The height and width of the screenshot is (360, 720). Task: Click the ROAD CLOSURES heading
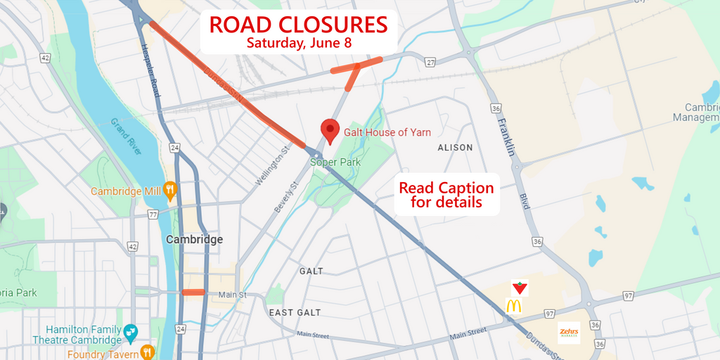pyautogui.click(x=298, y=25)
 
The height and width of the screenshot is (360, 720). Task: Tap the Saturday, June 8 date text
pyautogui.click(x=298, y=42)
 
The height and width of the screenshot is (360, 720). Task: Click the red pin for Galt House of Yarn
pyautogui.click(x=330, y=131)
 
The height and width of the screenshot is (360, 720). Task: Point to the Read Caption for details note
pyautogui.click(x=446, y=195)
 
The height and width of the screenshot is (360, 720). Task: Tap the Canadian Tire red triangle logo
pyautogui.click(x=520, y=287)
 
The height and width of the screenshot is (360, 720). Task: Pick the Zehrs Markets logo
pyautogui.click(x=568, y=333)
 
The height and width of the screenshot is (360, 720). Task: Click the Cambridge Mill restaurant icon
pyautogui.click(x=169, y=190)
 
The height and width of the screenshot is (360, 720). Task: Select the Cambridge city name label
pyautogui.click(x=194, y=239)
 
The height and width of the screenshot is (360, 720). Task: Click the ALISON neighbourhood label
pyautogui.click(x=455, y=148)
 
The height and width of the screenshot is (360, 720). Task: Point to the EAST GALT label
pyautogui.click(x=295, y=312)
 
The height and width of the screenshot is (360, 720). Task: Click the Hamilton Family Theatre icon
pyautogui.click(x=130, y=330)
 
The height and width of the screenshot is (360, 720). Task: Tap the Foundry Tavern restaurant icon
pyautogui.click(x=147, y=352)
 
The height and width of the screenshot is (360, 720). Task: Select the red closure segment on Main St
pyautogui.click(x=193, y=292)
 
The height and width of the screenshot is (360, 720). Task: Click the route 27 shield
pyautogui.click(x=430, y=63)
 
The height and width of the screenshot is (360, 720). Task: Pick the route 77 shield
pyautogui.click(x=153, y=214)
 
